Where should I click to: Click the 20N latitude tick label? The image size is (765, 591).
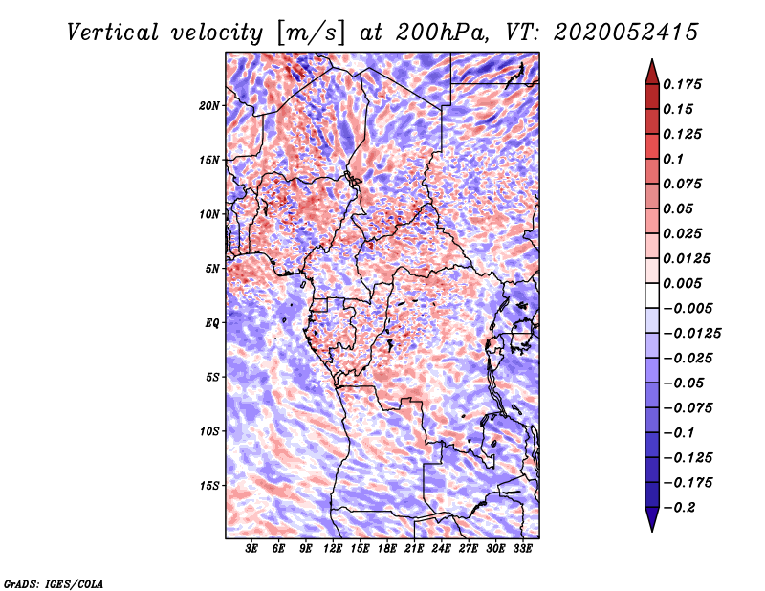coord(209,105)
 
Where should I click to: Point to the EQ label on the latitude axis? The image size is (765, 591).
coord(211,322)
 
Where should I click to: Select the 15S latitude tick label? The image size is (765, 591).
coord(209,486)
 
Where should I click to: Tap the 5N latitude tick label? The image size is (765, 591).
coord(211,269)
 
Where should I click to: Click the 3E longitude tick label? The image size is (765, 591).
coord(252,549)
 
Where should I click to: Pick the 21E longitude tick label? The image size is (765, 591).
coord(414,549)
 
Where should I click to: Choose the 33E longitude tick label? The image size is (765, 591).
coord(522,549)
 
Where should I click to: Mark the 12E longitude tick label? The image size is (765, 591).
coord(334,549)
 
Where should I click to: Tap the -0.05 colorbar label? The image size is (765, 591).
coord(684,383)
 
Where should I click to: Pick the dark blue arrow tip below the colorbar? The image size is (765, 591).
coord(650,524)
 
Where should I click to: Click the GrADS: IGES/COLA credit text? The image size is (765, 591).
coord(53,582)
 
